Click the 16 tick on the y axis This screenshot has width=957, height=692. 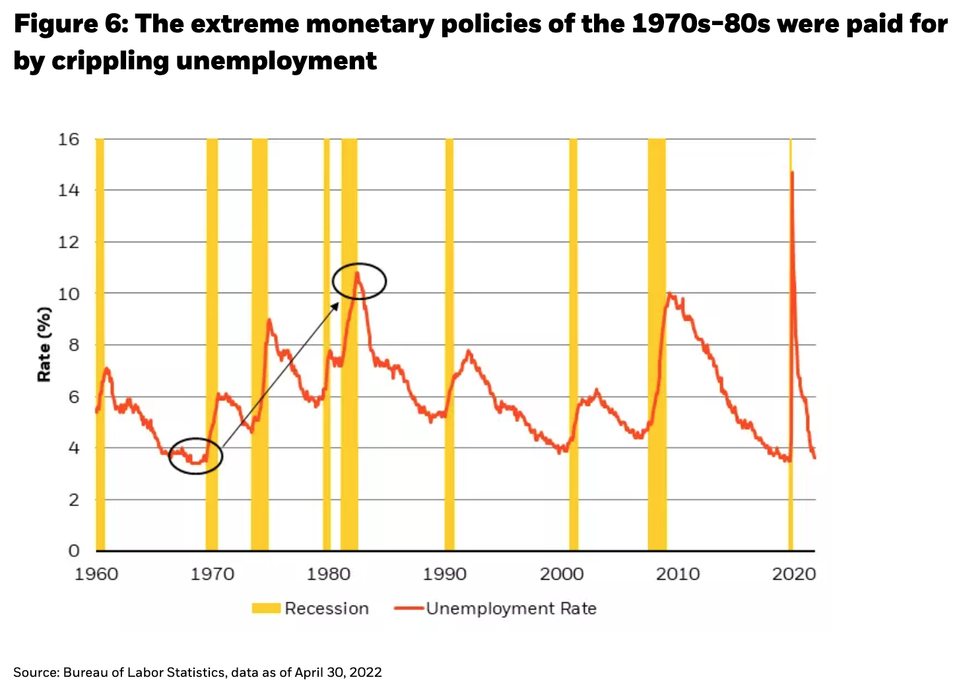point(69,139)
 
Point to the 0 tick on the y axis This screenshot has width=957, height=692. point(73,551)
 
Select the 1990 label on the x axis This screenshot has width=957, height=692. point(445,574)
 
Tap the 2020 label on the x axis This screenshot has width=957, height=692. point(794,574)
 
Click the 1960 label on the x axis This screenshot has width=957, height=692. point(96,574)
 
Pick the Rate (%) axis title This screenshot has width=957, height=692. point(44,344)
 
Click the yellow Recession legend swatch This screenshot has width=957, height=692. point(266,608)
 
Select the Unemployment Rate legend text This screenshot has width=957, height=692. point(511,608)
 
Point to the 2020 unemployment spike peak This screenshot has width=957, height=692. point(791,172)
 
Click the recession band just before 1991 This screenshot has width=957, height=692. point(449,343)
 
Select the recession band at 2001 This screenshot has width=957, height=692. point(573,343)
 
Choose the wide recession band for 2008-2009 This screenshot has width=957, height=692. point(657,343)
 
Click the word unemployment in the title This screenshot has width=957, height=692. point(276,61)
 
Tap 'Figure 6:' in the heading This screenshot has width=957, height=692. point(71,24)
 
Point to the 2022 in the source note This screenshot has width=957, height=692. point(366,672)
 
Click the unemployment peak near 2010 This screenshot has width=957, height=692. point(670,293)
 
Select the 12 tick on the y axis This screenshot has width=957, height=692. point(69,242)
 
